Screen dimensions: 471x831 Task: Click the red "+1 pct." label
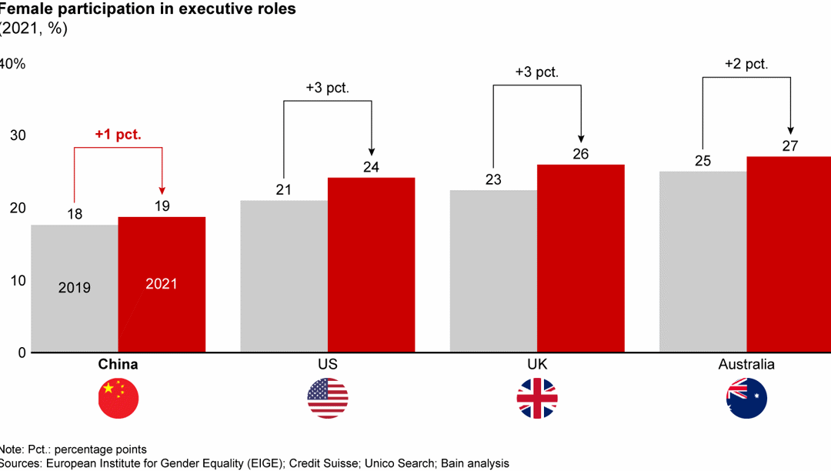[118, 135]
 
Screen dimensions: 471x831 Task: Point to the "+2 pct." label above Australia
[746, 65]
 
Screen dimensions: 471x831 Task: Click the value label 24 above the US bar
[372, 167]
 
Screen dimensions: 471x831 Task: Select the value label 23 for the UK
[493, 179]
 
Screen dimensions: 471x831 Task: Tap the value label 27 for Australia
[790, 145]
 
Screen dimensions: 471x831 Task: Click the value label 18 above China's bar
[74, 214]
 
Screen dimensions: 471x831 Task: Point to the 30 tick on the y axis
[17, 135]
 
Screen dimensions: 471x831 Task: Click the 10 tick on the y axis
[17, 280]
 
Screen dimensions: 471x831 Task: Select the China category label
[118, 365]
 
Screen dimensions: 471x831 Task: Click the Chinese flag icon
[118, 399]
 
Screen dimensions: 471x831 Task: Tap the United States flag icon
[328, 399]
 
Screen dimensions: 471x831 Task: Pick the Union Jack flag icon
[537, 399]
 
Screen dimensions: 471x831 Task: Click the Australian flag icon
[746, 399]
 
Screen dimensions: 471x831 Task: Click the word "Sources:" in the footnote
[22, 463]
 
